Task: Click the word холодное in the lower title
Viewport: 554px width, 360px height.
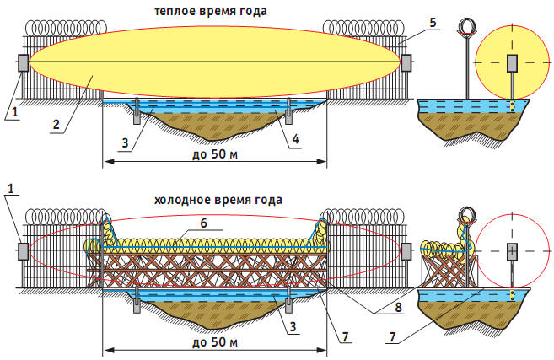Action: [x=180, y=201]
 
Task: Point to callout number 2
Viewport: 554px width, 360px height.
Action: [x=56, y=125]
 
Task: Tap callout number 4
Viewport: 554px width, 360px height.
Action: [x=295, y=139]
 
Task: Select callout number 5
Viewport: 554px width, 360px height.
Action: [x=433, y=23]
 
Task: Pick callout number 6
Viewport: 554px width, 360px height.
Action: [x=203, y=223]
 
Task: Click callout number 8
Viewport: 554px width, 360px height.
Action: [x=398, y=307]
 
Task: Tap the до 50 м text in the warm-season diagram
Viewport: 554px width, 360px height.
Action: [x=215, y=154]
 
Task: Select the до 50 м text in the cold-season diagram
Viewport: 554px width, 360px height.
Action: [x=215, y=342]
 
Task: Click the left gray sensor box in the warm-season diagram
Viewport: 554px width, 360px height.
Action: [x=24, y=63]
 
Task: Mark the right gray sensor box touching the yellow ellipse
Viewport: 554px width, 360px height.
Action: [x=406, y=63]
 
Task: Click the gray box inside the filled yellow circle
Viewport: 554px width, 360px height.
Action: [x=512, y=63]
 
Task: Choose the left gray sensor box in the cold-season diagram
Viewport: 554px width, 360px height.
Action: [x=24, y=251]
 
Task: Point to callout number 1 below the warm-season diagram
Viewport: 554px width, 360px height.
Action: [x=14, y=112]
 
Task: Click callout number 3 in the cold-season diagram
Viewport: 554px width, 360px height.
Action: [x=293, y=326]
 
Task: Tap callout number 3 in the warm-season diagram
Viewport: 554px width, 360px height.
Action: [x=125, y=143]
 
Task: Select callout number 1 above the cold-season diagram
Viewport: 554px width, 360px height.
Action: [x=11, y=189]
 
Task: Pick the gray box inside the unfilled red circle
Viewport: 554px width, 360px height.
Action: [x=512, y=252]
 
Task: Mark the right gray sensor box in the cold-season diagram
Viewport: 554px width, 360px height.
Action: [x=406, y=251]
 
